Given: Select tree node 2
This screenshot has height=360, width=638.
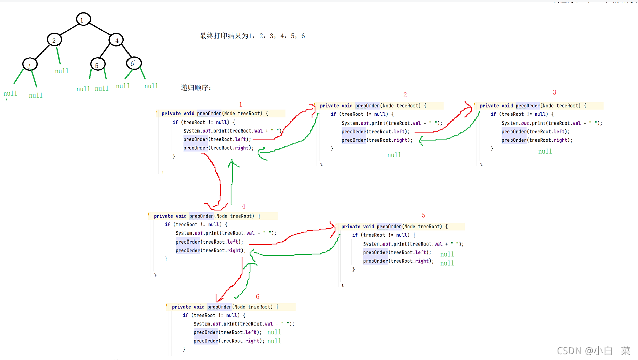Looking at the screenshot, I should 55,39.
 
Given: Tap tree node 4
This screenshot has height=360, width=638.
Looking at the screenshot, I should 116,39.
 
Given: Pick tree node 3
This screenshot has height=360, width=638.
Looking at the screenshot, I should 29,65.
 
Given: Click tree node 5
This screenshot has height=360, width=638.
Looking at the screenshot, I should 98,64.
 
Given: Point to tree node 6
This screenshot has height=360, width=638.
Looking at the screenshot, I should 133,63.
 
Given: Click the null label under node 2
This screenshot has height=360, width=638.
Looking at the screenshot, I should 62,71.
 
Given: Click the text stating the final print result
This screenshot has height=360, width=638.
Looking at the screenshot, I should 252,36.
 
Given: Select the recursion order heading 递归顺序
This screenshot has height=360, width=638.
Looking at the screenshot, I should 196,88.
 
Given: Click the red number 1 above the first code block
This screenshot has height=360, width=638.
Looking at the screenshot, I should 241,105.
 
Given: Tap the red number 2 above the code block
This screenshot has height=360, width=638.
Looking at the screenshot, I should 405,95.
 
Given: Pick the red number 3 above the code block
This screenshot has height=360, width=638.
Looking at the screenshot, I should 554,93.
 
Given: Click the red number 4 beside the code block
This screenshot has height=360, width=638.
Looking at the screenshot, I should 244,206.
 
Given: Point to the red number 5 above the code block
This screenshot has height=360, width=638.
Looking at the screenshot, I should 423,216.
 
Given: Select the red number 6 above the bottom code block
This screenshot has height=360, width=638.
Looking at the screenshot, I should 258,297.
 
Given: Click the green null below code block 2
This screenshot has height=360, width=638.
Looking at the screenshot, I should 394,155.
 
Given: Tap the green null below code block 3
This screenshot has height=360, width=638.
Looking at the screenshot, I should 545,152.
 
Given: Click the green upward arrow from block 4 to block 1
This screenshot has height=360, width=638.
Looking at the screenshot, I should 231,181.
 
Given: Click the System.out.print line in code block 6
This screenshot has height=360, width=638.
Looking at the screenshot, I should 244,324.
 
